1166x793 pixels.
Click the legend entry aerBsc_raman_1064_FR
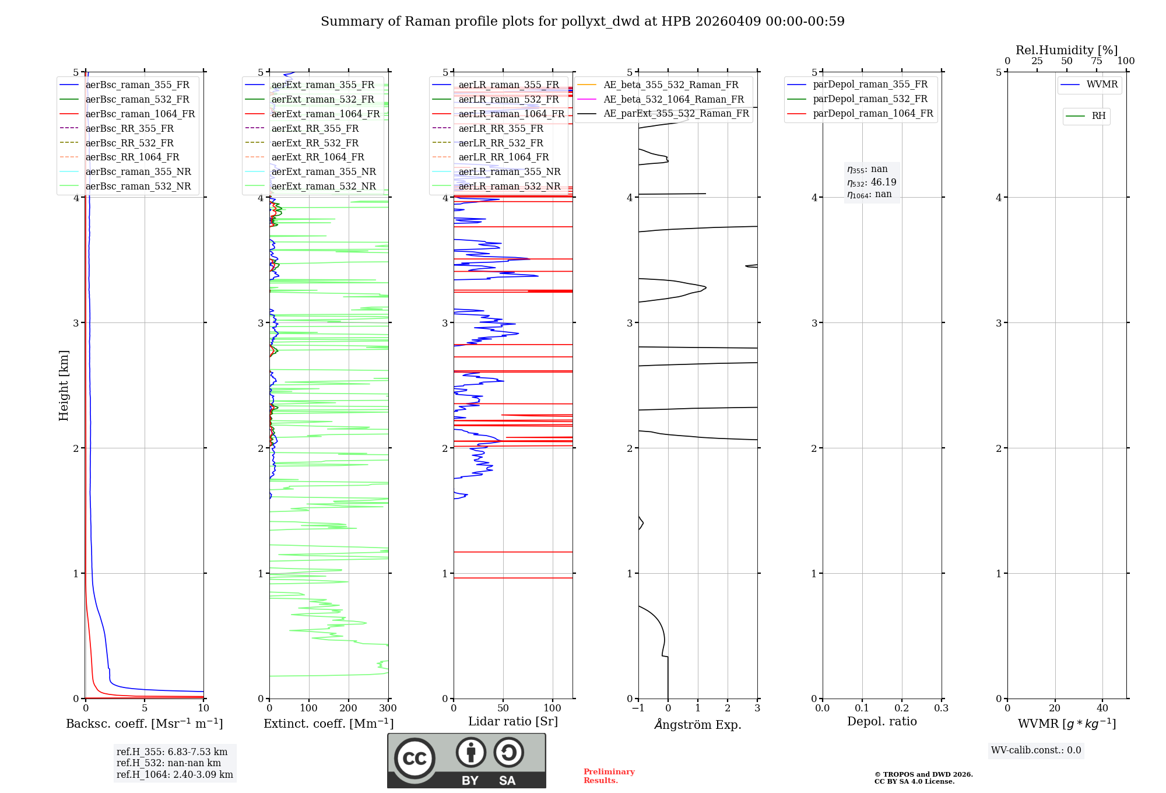click(x=140, y=114)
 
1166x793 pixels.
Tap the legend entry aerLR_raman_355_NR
click(x=509, y=172)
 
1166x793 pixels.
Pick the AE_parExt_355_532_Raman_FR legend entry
click(x=676, y=114)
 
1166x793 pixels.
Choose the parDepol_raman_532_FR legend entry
click(x=870, y=99)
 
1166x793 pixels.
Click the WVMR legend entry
click(x=1102, y=85)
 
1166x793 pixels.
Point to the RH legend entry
click(x=1098, y=116)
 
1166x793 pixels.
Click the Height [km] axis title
click(x=64, y=385)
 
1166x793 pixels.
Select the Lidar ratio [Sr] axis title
click(x=513, y=721)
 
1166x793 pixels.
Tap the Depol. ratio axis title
click(x=881, y=721)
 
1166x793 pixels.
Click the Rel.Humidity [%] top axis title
click(x=1066, y=50)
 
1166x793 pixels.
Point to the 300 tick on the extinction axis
click(x=388, y=708)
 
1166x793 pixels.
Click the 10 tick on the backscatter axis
click(x=203, y=708)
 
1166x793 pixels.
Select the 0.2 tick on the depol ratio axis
click(x=902, y=708)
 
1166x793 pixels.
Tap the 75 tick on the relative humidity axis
click(x=1097, y=61)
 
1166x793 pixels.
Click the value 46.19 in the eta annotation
click(x=883, y=183)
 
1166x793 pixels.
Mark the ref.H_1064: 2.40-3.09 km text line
click(x=174, y=775)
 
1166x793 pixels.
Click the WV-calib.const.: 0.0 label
click(x=1036, y=750)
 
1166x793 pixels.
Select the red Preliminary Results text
click(x=609, y=776)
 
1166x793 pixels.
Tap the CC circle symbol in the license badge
click(x=415, y=758)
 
